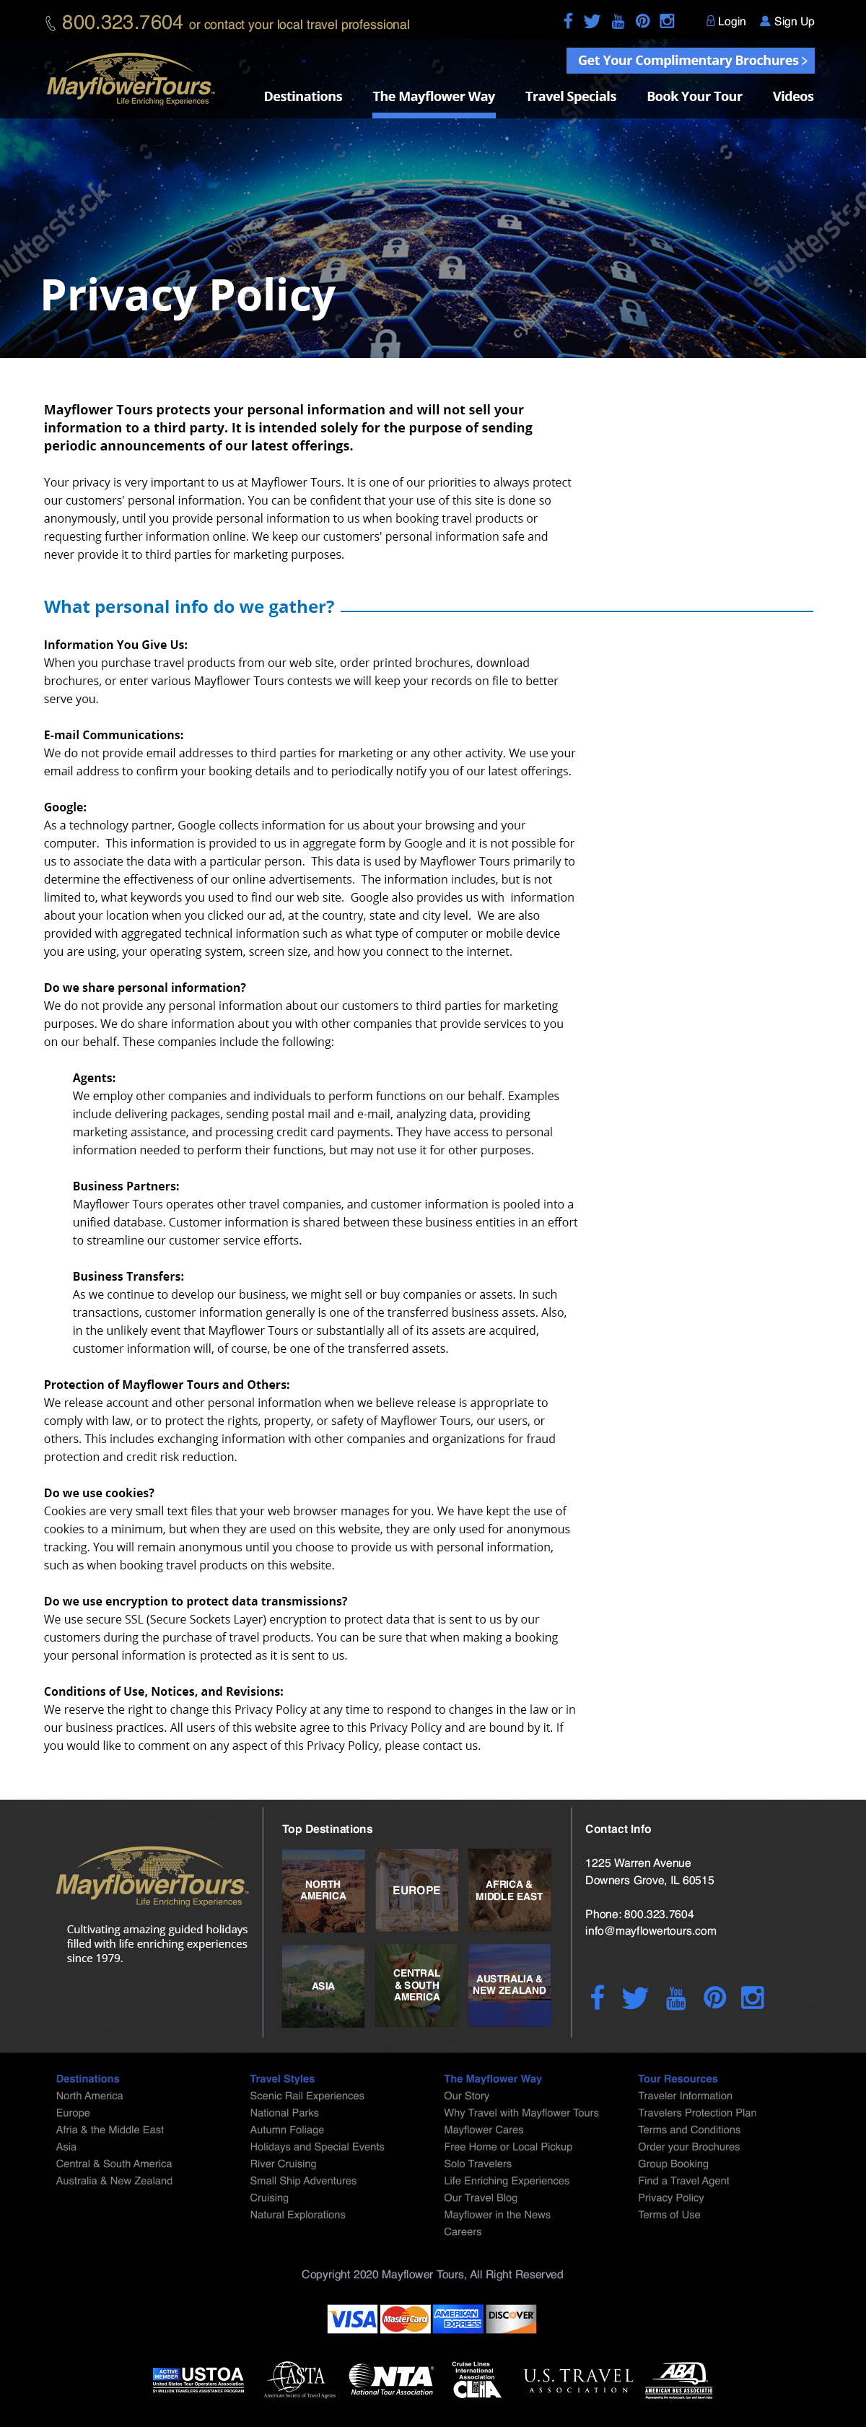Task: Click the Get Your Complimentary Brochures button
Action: pyautogui.click(x=691, y=61)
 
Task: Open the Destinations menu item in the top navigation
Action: pyautogui.click(x=302, y=96)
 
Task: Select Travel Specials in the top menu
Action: pyautogui.click(x=570, y=96)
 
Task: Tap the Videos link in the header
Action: pyautogui.click(x=792, y=96)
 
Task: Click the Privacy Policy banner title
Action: pyautogui.click(x=188, y=296)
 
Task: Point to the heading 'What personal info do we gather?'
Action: pyautogui.click(x=188, y=606)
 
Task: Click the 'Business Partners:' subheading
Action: pyautogui.click(x=126, y=1186)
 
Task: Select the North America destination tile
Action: pyautogui.click(x=323, y=1890)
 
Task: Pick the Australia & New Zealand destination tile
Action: pyautogui.click(x=509, y=1984)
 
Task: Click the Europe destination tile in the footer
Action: pyautogui.click(x=416, y=1890)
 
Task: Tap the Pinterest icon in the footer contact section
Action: pyautogui.click(x=714, y=1997)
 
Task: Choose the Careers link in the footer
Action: pyautogui.click(x=462, y=2231)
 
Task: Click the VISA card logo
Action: pyautogui.click(x=352, y=2319)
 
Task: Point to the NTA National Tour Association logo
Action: pyautogui.click(x=391, y=2378)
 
